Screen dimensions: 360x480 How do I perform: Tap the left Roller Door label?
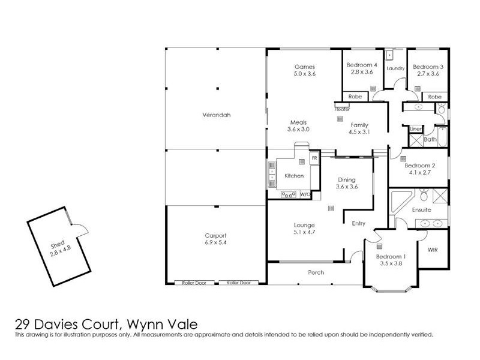(x=193, y=283)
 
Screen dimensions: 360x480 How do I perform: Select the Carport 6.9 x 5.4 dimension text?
(x=215, y=243)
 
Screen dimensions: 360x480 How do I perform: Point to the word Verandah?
(x=216, y=115)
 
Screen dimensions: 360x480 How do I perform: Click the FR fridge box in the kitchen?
(x=314, y=157)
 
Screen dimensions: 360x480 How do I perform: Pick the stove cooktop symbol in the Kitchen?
(x=289, y=194)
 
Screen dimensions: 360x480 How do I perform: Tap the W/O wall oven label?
(x=304, y=194)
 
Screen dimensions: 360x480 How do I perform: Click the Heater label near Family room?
(x=342, y=109)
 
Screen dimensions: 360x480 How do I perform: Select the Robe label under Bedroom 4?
(x=355, y=96)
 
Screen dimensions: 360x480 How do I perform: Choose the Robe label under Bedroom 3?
(x=434, y=96)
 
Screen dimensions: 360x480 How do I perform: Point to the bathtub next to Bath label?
(x=442, y=137)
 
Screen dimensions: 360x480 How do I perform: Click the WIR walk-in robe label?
(x=433, y=249)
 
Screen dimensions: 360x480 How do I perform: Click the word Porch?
(x=316, y=272)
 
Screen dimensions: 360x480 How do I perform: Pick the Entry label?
(x=358, y=224)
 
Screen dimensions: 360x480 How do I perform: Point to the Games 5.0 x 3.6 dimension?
(x=304, y=73)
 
